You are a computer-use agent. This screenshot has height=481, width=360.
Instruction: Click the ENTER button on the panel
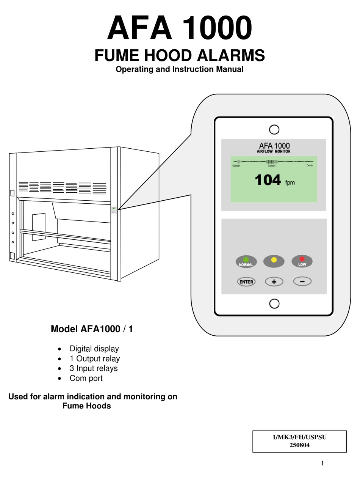[x=246, y=282]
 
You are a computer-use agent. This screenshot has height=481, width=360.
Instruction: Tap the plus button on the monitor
[x=274, y=282]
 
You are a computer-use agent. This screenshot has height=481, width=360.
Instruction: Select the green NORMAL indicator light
[x=246, y=260]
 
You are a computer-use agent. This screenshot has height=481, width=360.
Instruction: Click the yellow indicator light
[x=274, y=260]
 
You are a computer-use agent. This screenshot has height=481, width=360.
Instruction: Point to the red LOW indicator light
[x=302, y=259]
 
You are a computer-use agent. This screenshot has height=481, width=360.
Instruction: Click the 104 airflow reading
[x=268, y=180]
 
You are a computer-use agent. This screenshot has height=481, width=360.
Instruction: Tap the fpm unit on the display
[x=290, y=183]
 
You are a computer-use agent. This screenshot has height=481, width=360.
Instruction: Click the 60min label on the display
[x=236, y=166]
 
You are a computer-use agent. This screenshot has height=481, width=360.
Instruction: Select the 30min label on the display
[x=271, y=166]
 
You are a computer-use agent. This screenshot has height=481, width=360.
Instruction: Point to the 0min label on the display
[x=310, y=166]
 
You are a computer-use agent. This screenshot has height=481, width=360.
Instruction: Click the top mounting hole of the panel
[x=274, y=129]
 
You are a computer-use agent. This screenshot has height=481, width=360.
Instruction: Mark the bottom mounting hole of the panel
[x=274, y=303]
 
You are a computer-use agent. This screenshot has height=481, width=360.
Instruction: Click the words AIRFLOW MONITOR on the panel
[x=274, y=151]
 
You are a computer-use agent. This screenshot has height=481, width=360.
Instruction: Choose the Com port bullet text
[x=86, y=378]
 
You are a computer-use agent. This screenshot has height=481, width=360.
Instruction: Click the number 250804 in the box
[x=299, y=445]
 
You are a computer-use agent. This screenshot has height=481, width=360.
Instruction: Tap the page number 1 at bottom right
[x=322, y=463]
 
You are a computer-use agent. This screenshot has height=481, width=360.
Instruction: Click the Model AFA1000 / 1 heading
[x=92, y=329]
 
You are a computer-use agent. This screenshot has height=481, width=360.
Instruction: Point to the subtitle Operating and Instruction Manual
[x=179, y=69]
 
